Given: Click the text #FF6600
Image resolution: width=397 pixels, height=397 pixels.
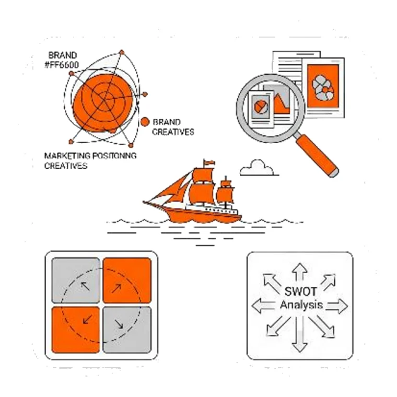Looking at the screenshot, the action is [x=62, y=65].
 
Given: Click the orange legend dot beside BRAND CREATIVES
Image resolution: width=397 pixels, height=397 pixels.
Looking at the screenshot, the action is [x=145, y=122].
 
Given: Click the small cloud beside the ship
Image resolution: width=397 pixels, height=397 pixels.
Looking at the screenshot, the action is [x=258, y=168].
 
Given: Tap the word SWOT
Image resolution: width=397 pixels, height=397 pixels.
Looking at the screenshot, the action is [x=300, y=291].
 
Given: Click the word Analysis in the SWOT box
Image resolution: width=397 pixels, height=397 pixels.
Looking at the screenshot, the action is [x=301, y=305].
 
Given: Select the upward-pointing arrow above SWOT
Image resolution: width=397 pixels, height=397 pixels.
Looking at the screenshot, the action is [x=300, y=272].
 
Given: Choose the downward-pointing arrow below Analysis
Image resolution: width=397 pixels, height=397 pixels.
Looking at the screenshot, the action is [x=300, y=335].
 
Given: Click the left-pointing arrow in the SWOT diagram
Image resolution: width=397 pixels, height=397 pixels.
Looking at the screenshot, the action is [x=263, y=306].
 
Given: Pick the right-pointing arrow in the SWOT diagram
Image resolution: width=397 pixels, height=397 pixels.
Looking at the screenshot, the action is [x=337, y=306].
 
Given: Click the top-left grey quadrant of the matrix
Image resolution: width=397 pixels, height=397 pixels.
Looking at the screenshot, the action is [x=76, y=281].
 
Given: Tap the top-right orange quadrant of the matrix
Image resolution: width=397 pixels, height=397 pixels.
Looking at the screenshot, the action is [x=127, y=281].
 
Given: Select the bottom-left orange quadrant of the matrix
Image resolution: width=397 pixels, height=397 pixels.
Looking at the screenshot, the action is [x=76, y=330].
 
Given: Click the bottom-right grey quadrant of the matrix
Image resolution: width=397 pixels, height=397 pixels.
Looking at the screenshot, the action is [x=127, y=330].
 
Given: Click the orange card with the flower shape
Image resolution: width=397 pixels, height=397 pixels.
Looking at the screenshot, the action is [x=323, y=86].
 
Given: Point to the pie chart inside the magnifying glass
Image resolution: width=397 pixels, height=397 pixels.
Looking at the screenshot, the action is [x=261, y=107].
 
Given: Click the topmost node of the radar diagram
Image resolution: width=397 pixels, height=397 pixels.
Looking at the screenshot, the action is [x=122, y=52].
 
